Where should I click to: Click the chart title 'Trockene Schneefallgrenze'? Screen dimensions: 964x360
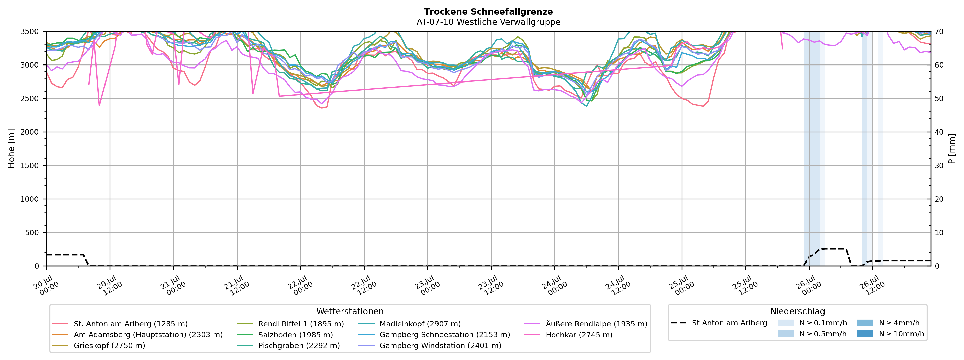tap(488, 12)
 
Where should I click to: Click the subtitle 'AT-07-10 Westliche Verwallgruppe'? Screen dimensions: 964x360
tap(488, 22)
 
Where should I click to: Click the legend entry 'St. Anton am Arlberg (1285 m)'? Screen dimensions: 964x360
tap(120, 324)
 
